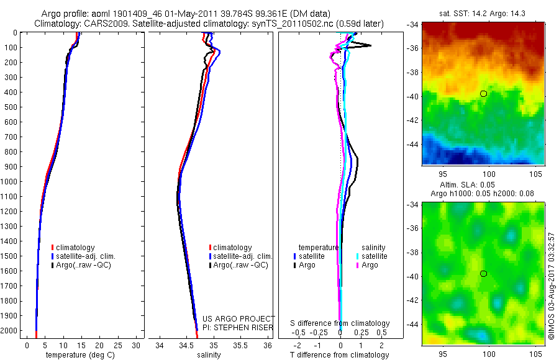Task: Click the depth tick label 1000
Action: [10, 182]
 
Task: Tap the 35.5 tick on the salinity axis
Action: [240, 345]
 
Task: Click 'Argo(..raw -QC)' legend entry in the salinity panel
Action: [240, 265]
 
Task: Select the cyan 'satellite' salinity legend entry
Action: [374, 256]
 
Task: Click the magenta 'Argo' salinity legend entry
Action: [370, 265]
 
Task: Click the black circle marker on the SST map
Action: [483, 93]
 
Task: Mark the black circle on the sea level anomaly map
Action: [483, 274]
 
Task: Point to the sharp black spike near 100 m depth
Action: [369, 45]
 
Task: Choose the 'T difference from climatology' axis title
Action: [339, 355]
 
